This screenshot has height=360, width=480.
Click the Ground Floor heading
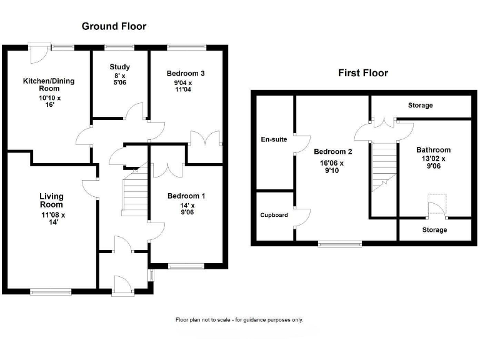pyautogui.click(x=114, y=26)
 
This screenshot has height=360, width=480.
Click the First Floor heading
pyautogui.click(x=362, y=73)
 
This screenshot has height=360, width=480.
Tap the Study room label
pyautogui.click(x=119, y=67)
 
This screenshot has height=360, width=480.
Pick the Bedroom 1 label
pyautogui.click(x=186, y=196)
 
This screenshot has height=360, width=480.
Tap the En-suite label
pyautogui.click(x=274, y=139)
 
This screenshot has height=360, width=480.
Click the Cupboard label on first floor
pyautogui.click(x=274, y=215)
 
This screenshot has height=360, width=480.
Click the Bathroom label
pyautogui.click(x=433, y=150)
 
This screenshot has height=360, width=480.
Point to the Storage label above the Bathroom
pyautogui.click(x=420, y=106)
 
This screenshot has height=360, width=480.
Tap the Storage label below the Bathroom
pyautogui.click(x=434, y=230)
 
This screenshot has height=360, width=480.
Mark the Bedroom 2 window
pyautogui.click(x=339, y=242)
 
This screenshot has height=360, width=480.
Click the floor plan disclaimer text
pyautogui.click(x=239, y=320)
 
